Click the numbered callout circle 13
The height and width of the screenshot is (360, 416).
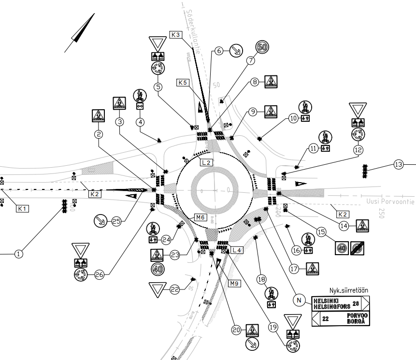click(398, 165)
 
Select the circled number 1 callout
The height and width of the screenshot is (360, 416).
click(19, 253)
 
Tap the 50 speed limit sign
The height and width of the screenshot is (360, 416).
click(262, 47)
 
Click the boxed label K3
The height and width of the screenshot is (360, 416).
click(175, 35)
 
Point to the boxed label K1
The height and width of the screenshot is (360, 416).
click(22, 209)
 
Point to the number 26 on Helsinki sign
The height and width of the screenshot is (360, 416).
click(356, 303)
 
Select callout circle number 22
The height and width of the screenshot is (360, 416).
click(175, 289)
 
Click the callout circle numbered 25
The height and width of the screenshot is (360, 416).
click(115, 221)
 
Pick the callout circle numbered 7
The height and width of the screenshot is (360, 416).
click(251, 61)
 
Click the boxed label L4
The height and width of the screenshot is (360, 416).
click(236, 250)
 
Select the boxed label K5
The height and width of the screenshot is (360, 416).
click(182, 83)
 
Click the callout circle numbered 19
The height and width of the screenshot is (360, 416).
click(273, 328)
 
